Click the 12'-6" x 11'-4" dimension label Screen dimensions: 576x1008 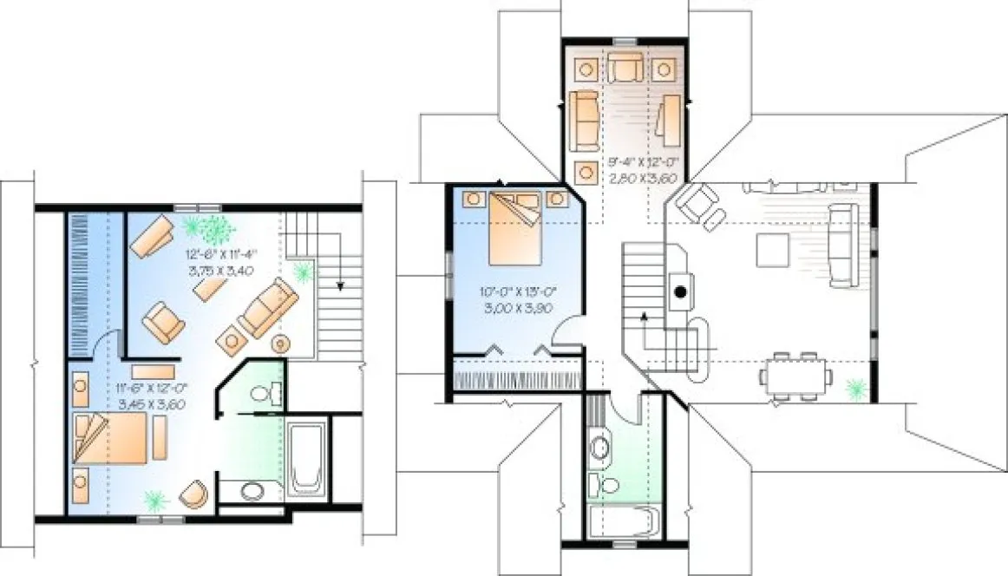coord(219,263)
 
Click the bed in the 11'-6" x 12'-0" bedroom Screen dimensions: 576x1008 coord(111,439)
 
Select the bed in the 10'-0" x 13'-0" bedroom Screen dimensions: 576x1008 coord(516,228)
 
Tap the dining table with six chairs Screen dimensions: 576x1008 coord(795,376)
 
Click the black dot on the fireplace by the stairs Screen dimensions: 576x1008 coord(681,292)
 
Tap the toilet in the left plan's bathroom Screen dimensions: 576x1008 coord(264,395)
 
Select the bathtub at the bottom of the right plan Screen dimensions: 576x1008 coord(623,521)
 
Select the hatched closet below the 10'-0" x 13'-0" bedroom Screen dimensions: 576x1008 coord(517,379)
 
